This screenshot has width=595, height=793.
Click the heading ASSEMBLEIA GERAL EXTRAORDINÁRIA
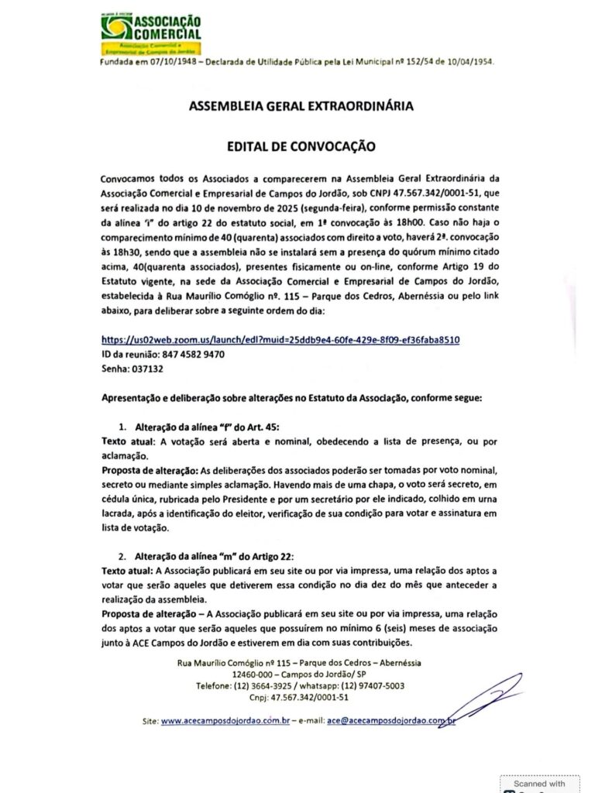297,106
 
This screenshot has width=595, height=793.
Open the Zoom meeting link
286,339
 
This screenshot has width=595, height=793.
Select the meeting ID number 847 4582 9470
191,354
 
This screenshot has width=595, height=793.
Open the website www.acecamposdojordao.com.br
225,720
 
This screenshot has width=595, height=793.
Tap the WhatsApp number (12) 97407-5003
368,685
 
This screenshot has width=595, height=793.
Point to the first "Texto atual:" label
129,441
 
